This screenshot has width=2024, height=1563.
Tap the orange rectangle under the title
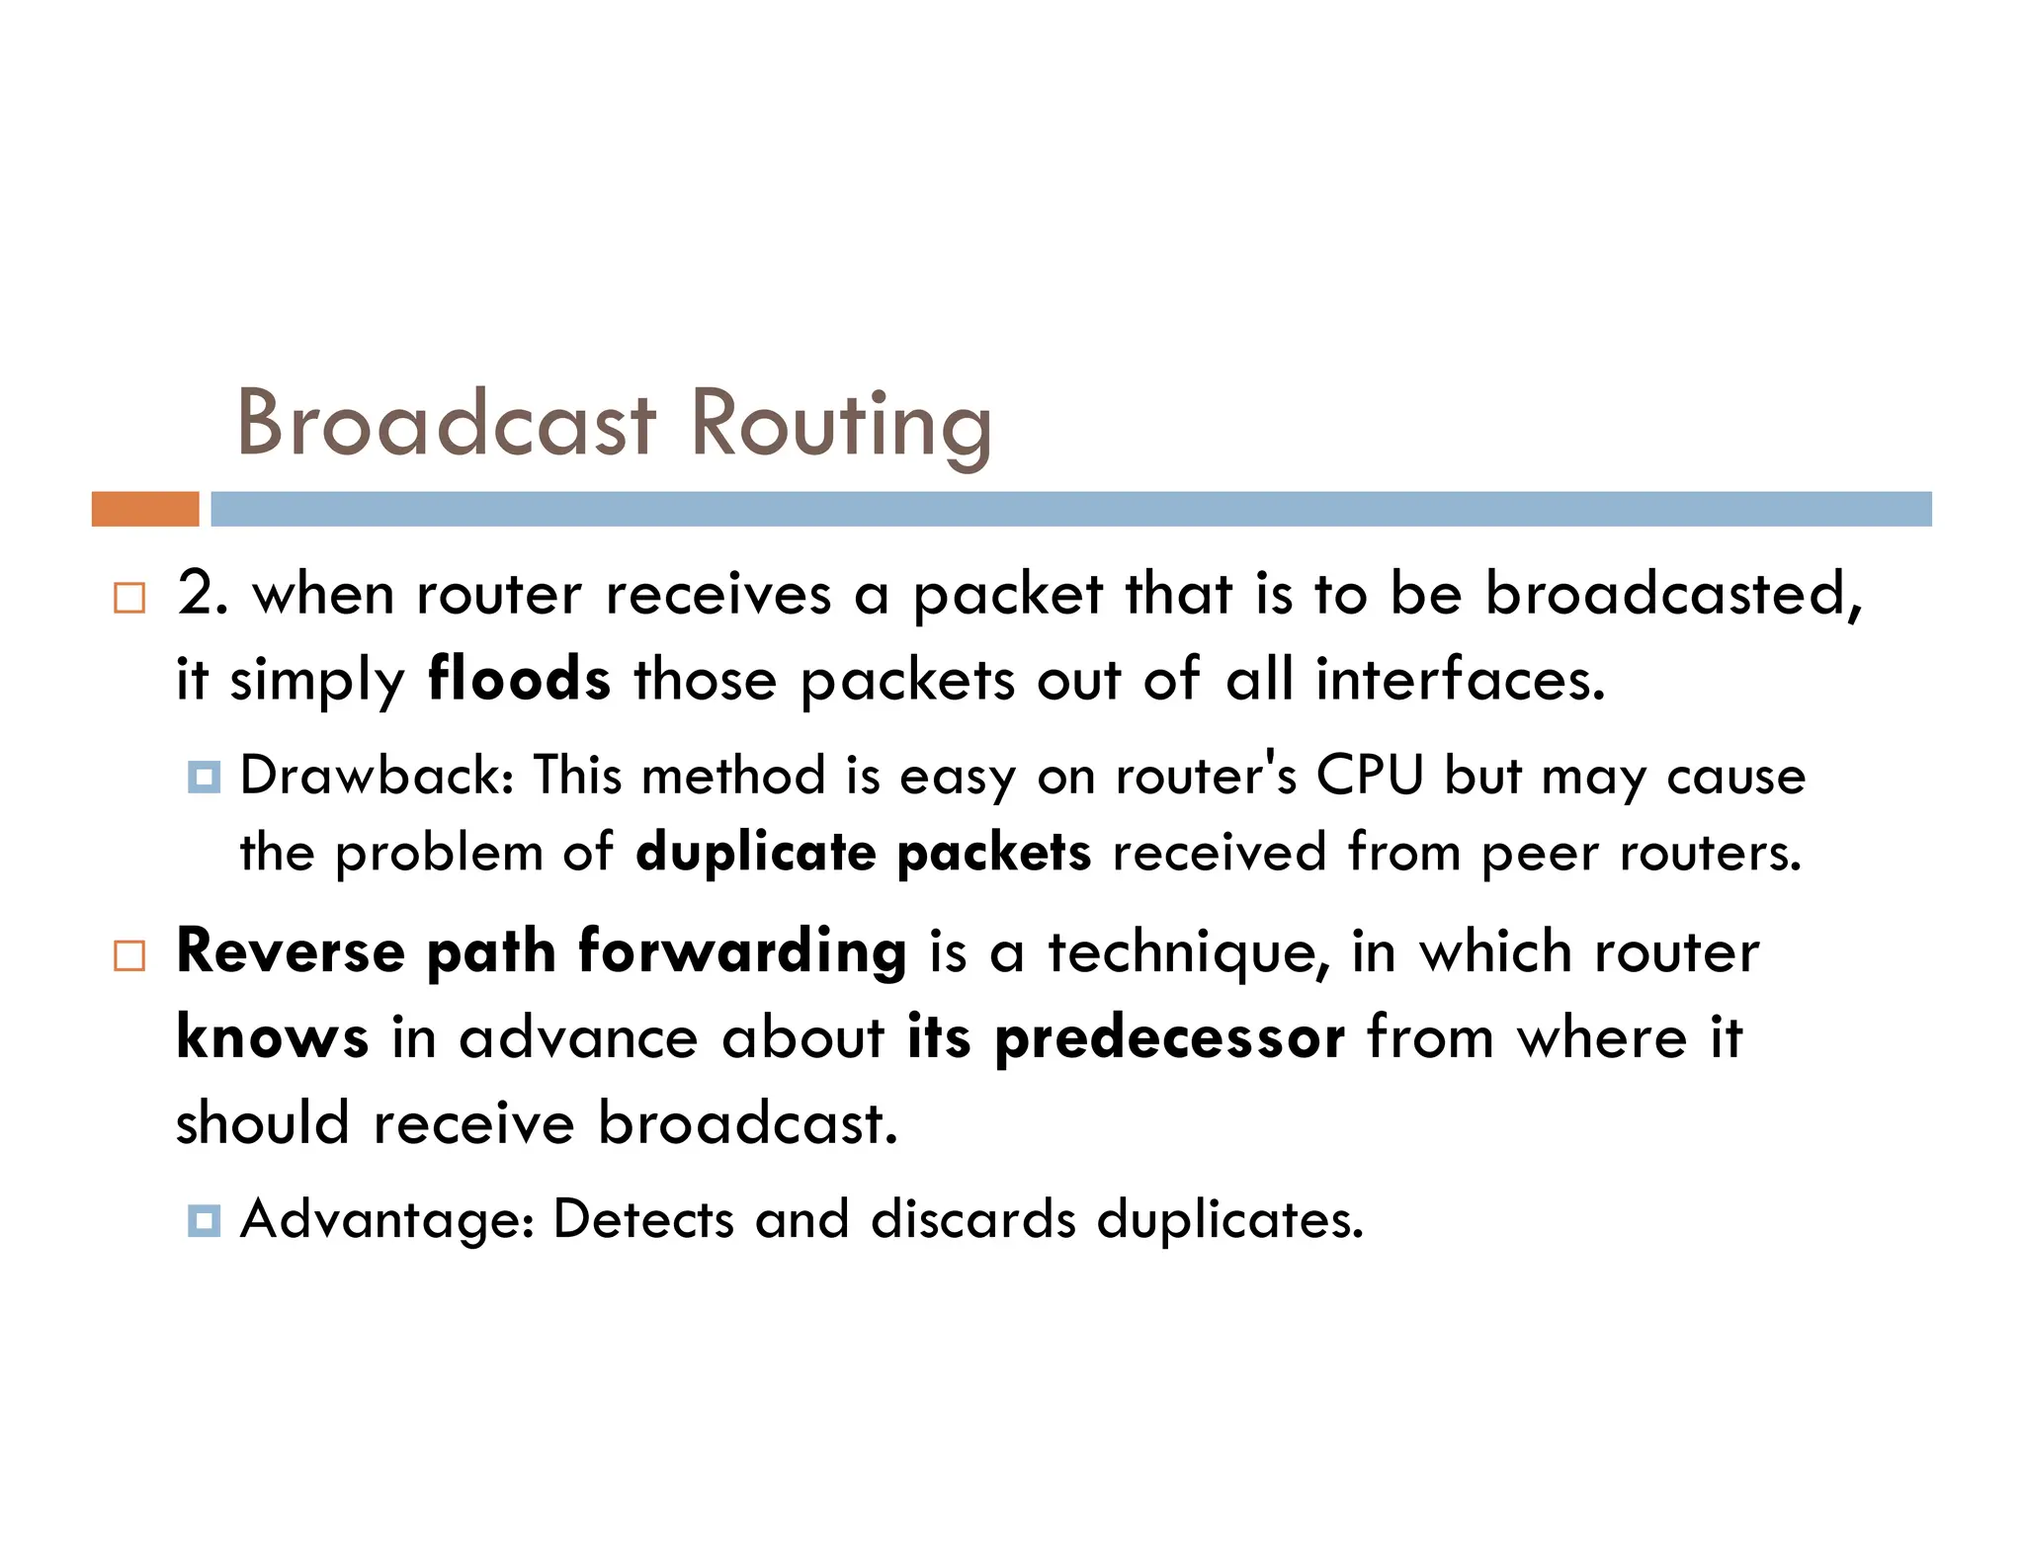click(x=145, y=509)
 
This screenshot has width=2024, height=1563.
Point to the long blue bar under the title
click(x=1070, y=509)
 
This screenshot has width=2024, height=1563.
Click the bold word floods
click(x=519, y=680)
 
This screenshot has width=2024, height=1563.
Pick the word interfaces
click(x=1460, y=680)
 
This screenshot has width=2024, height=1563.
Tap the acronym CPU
click(x=1370, y=775)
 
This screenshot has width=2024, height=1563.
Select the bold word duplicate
click(x=755, y=852)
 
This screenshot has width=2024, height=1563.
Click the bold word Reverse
click(x=291, y=951)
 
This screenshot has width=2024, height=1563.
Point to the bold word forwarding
click(x=742, y=953)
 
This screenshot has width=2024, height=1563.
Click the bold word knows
click(x=273, y=1037)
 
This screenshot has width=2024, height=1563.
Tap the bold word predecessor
click(x=1169, y=1039)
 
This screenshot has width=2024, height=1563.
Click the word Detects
click(x=643, y=1219)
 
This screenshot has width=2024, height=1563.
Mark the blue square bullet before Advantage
click(x=204, y=1220)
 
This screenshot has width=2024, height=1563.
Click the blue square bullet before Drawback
click(x=204, y=777)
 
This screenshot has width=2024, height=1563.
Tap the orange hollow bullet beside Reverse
click(x=129, y=955)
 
